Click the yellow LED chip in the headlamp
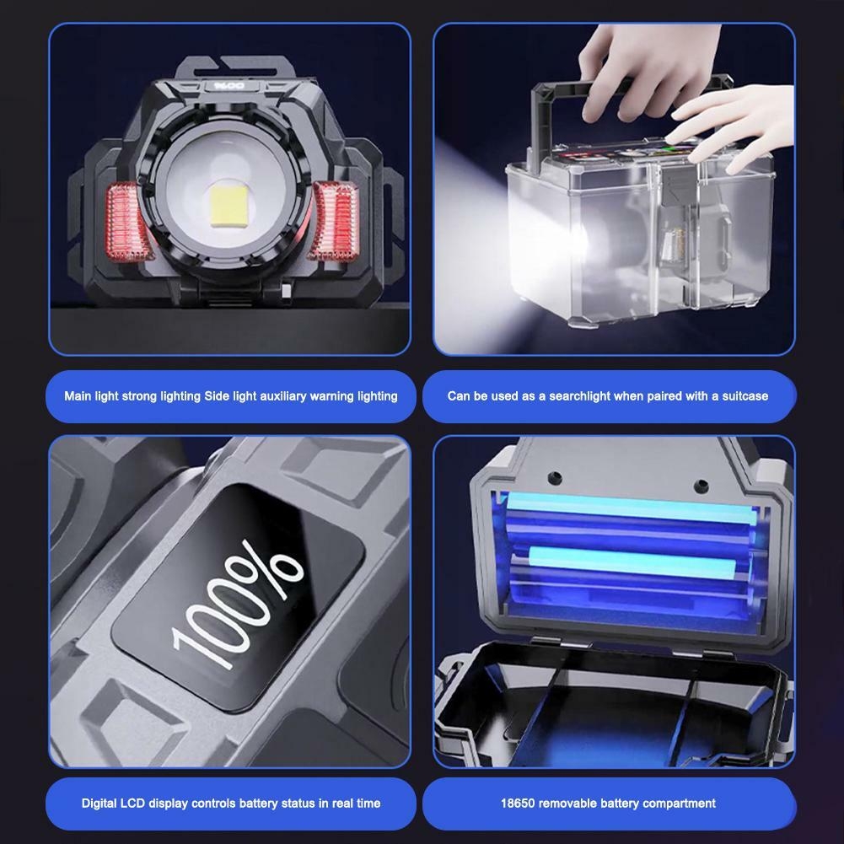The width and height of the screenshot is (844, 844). coord(229,207)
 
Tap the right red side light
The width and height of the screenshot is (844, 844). coord(335,221)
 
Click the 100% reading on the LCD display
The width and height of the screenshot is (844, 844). coord(237,604)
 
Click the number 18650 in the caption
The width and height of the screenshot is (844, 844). coord(518,804)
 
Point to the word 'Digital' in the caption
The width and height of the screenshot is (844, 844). coord(99,804)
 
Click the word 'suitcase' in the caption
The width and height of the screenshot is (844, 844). coord(745,396)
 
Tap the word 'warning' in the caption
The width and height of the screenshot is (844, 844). coord(331,396)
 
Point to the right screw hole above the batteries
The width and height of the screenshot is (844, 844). coord(701,486)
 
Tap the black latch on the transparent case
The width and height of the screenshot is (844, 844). coord(676,185)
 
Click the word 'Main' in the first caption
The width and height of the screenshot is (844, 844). coord(78,396)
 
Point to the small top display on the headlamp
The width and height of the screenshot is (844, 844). coord(229,86)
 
